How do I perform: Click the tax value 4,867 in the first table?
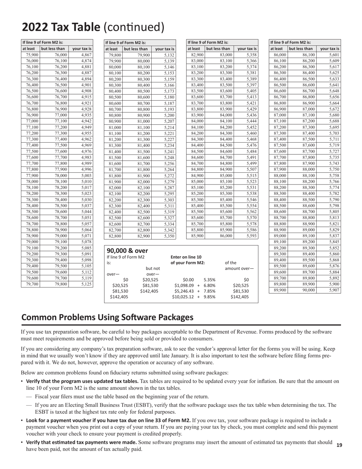click(86, 55)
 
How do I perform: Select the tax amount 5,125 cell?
click(86, 284)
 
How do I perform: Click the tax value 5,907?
click(334, 290)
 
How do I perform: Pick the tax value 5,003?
click(86, 175)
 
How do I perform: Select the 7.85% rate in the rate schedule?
click(210, 291)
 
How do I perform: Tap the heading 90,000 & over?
click(127, 251)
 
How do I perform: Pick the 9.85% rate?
click(210, 297)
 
